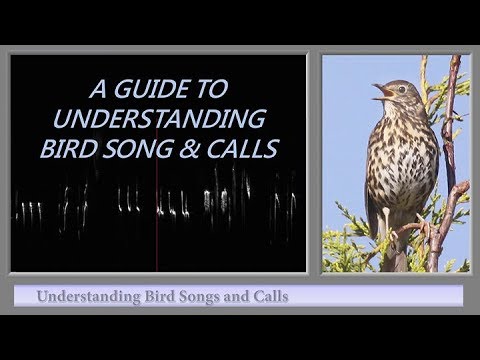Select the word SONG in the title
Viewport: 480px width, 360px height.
pos(171,149)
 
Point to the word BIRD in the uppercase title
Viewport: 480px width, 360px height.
pos(114,149)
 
